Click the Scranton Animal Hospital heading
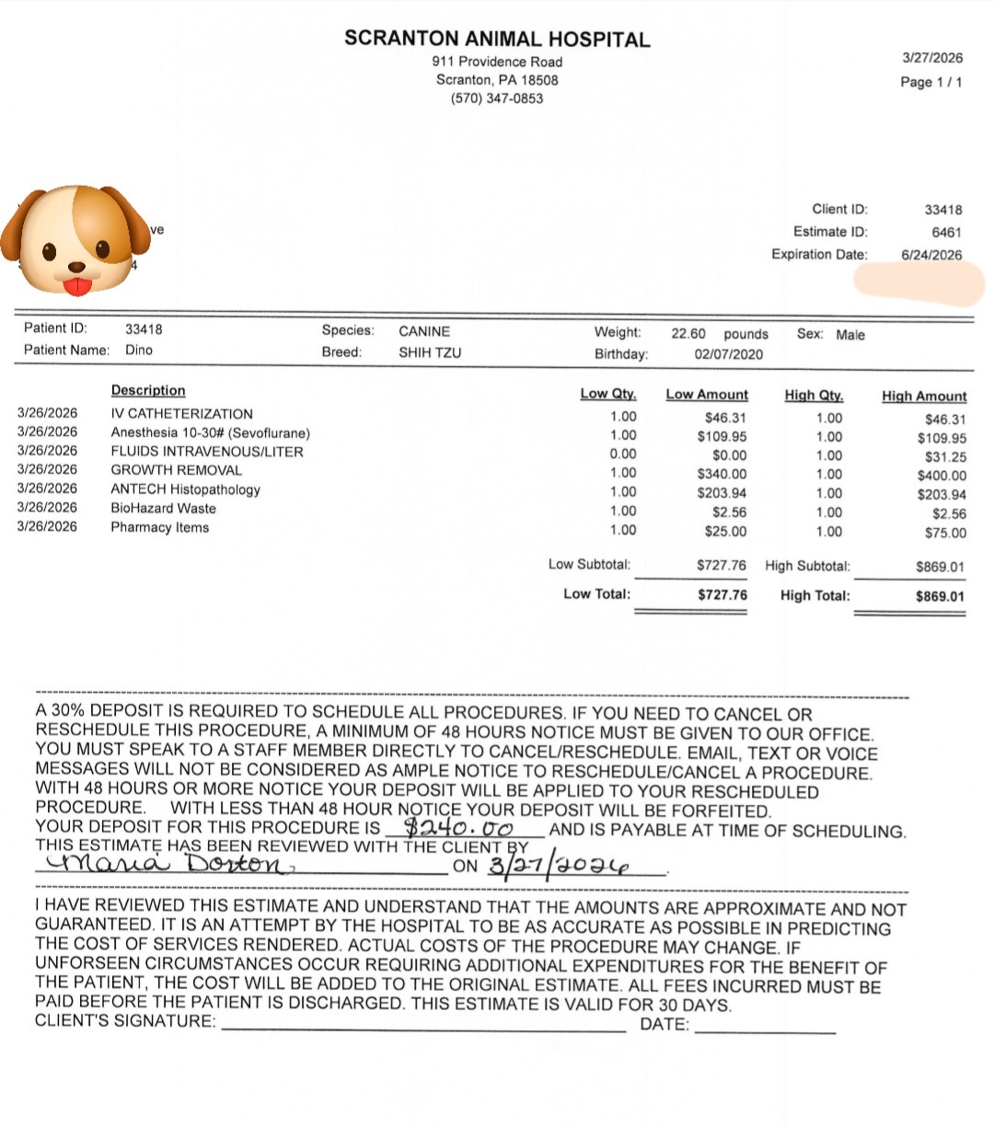coord(497,40)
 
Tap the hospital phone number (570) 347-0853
coord(497,98)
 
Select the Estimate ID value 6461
coord(946,232)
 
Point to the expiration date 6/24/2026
coord(931,255)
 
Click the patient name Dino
coord(139,350)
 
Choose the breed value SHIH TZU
coord(430,352)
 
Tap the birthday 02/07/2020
coord(728,354)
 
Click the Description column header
coord(148,391)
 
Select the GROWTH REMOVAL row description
coord(176,470)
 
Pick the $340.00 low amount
coord(722,474)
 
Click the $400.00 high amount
coord(942,476)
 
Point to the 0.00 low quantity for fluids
coord(623,454)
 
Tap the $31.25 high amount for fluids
coord(945,456)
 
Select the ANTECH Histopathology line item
coord(185,489)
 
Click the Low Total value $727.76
coord(722,595)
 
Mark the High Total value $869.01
coord(940,596)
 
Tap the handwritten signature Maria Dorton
coord(161,864)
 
